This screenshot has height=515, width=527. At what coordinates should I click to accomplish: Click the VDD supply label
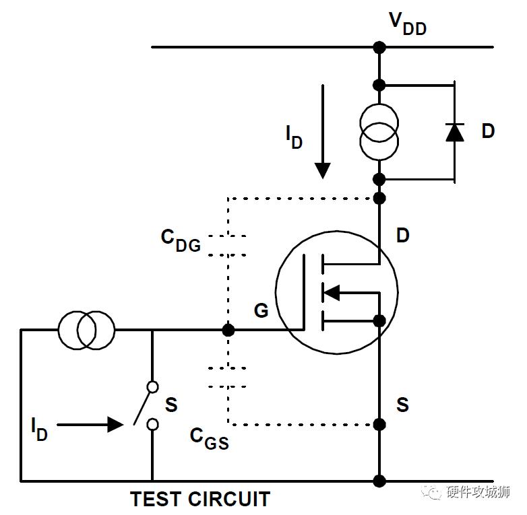point(408,24)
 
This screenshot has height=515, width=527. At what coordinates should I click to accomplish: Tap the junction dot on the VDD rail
point(379,47)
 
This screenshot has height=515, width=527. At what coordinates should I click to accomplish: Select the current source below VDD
point(379,132)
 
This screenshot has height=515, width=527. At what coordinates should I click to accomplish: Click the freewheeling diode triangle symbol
point(455,132)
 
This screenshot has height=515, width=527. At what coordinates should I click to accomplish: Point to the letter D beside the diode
point(488,131)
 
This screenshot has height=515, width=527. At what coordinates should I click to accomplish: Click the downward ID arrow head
point(323,170)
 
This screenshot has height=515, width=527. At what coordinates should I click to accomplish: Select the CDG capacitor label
point(181,240)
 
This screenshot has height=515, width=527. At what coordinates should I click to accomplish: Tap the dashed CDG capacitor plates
point(228,246)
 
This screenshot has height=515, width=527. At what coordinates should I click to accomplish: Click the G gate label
point(261,310)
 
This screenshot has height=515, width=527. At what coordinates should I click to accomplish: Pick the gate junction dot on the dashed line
point(228,330)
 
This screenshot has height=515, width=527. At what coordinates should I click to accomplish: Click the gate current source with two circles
point(86,330)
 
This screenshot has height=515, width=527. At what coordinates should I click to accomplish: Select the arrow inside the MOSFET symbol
point(332,293)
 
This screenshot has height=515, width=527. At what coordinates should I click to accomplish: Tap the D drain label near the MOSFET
point(403,235)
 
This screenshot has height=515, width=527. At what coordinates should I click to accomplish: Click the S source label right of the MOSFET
point(402,405)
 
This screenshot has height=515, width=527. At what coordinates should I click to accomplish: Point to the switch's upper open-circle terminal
point(152,387)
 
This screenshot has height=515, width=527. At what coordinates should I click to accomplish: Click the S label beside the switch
point(171,405)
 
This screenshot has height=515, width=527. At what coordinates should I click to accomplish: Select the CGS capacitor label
point(210,438)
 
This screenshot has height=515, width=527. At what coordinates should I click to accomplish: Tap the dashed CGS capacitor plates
point(228,378)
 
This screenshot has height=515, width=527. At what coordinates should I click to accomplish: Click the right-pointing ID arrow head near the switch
point(115,425)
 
